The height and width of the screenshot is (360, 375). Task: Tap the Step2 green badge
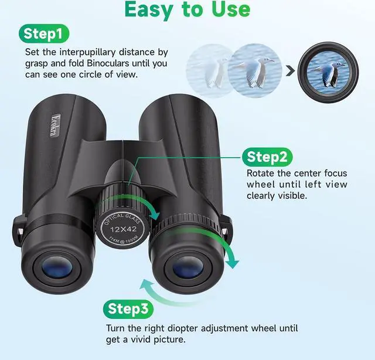267,157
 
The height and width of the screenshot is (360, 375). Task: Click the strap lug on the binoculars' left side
18,225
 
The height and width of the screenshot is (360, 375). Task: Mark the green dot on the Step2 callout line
243,157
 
